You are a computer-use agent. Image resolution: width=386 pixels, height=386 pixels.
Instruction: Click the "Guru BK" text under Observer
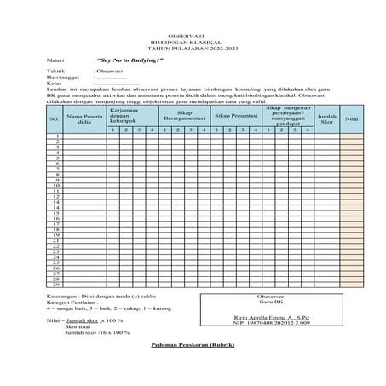point(271,302)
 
